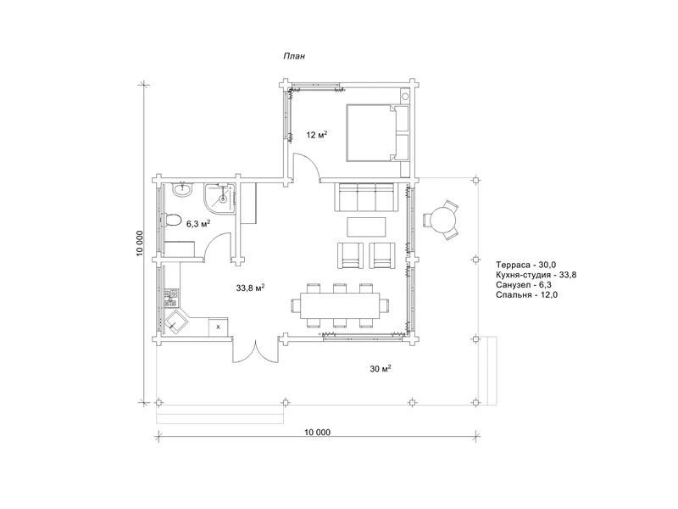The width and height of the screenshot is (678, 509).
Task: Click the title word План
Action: (x=294, y=56)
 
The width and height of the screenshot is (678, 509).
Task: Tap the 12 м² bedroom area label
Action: (x=316, y=135)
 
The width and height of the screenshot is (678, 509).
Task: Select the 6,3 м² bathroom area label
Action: (x=198, y=224)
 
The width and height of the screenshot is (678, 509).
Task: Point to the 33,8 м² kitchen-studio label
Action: (x=250, y=288)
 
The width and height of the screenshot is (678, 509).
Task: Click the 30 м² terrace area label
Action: (x=381, y=369)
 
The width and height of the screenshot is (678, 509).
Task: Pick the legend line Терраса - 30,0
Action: (x=525, y=265)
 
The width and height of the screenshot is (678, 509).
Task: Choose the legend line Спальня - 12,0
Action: (x=526, y=294)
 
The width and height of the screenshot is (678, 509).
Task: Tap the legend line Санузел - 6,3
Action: (x=524, y=285)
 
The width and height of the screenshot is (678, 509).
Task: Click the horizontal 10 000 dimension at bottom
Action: (x=317, y=433)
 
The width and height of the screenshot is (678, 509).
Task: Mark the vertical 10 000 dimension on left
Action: (x=139, y=243)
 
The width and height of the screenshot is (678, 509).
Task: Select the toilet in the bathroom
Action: (x=173, y=220)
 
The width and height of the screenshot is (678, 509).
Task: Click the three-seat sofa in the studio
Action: (x=366, y=197)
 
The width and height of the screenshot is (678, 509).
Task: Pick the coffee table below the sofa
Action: (x=367, y=227)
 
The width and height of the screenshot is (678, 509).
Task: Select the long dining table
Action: (x=341, y=305)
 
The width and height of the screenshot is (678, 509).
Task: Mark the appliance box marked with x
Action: (x=218, y=327)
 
